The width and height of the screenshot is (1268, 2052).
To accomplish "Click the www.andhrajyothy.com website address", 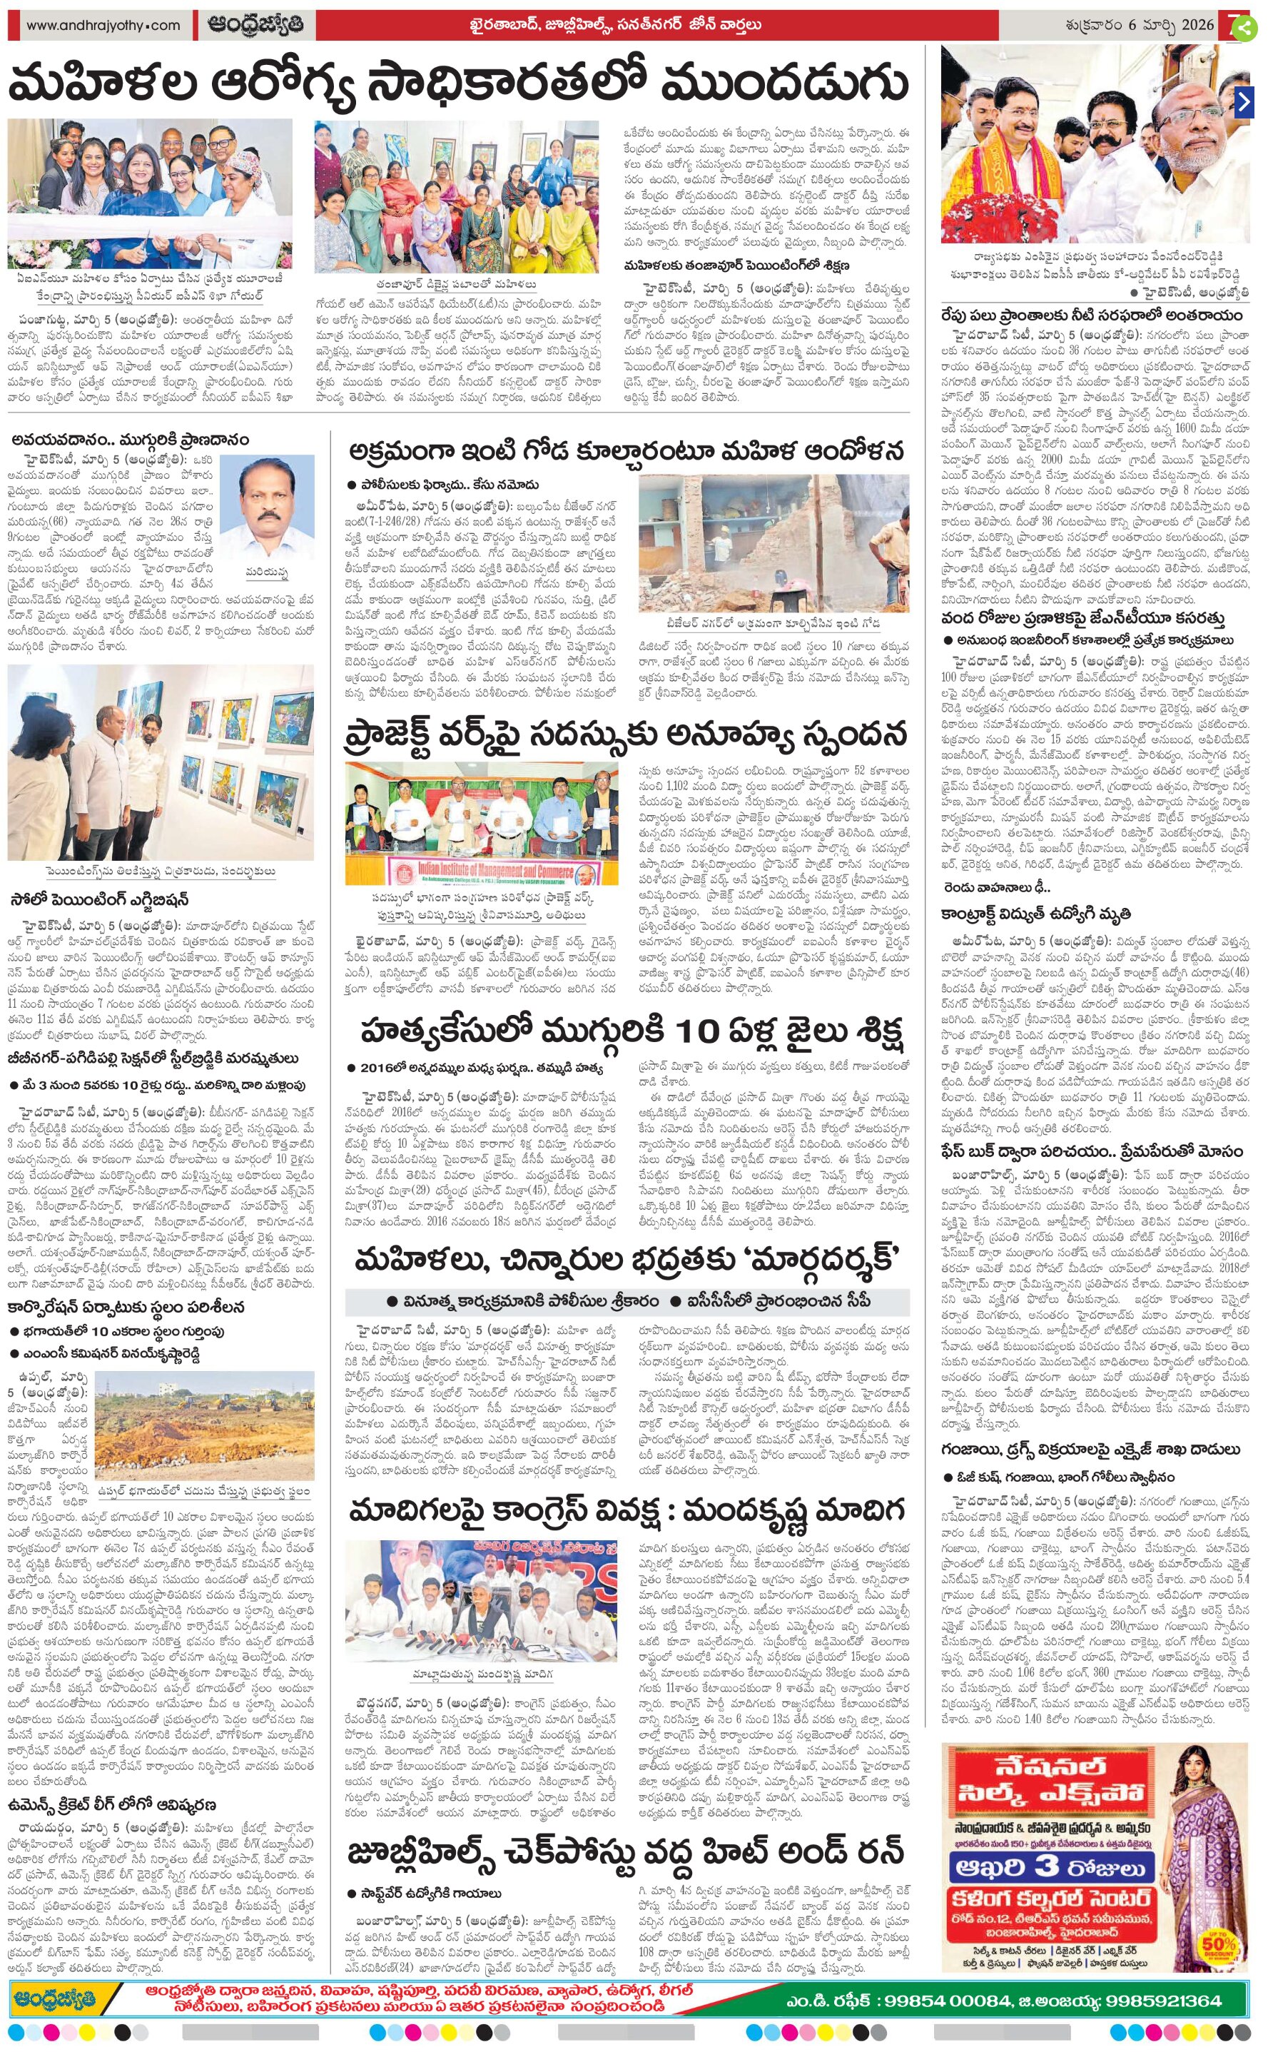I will tap(102, 25).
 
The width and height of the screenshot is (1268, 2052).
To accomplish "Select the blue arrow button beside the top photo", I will tap(1244, 102).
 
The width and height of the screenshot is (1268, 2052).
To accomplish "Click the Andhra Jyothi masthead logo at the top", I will tap(254, 25).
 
